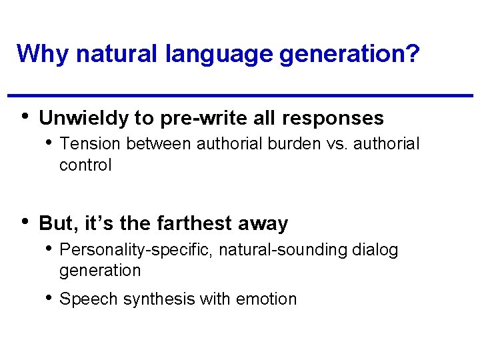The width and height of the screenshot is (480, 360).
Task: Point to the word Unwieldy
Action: pyautogui.click(x=84, y=119)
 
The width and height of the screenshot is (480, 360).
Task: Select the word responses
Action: pyautogui.click(x=333, y=119)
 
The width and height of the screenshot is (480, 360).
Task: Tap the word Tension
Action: pyautogui.click(x=90, y=143)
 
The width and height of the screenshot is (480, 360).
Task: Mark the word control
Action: pyautogui.click(x=85, y=165)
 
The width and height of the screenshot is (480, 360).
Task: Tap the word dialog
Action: pyautogui.click(x=375, y=250)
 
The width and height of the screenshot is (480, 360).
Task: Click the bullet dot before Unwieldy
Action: pyautogui.click(x=25, y=116)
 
